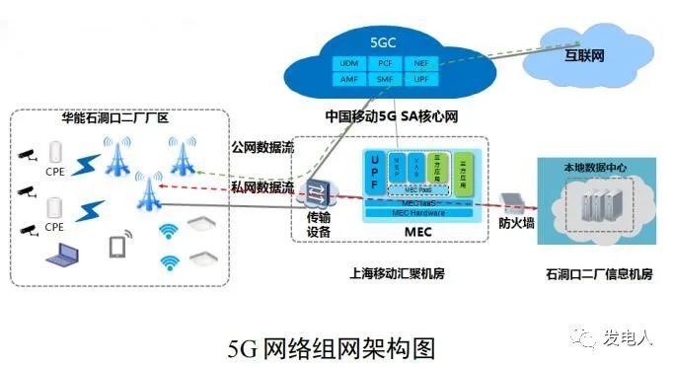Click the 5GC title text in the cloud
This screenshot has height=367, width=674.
click(x=382, y=43)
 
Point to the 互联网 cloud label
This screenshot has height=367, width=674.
click(x=584, y=56)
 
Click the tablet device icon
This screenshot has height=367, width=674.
click(x=118, y=246)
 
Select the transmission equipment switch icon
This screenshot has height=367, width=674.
click(x=317, y=191)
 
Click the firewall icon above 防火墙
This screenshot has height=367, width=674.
click(x=513, y=204)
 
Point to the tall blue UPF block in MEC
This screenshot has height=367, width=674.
click(x=373, y=175)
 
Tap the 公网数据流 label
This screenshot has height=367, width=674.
click(x=261, y=149)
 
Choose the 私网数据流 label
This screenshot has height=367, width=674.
click(x=261, y=184)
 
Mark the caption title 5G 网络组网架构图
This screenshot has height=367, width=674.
click(x=331, y=347)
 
